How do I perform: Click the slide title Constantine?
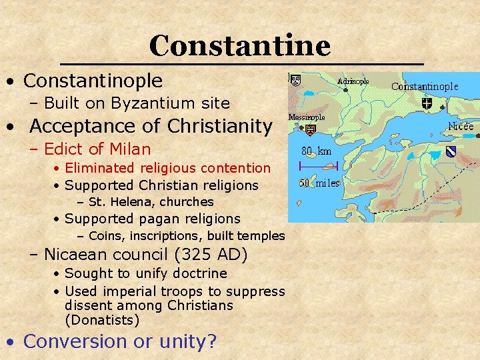click(240, 45)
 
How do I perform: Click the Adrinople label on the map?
click(353, 81)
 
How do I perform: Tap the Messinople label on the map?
click(306, 117)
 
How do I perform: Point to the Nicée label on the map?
click(461, 126)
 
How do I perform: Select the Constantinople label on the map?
click(425, 86)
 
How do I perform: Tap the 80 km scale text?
click(317, 151)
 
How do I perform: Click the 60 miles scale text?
click(319, 183)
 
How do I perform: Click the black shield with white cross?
click(427, 103)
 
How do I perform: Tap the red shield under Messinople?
click(310, 129)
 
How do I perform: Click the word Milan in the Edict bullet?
click(131, 149)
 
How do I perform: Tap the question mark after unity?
click(213, 341)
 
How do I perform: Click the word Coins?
click(105, 235)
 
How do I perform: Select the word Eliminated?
click(99, 168)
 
